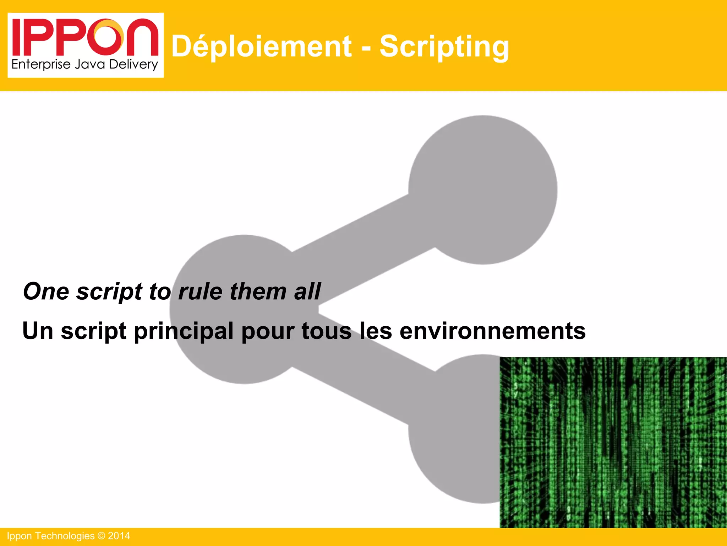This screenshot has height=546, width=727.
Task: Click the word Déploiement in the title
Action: [261, 47]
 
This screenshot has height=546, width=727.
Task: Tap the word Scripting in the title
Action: [444, 47]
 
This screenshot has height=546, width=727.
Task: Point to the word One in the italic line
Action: [46, 291]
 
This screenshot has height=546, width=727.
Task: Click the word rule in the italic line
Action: [200, 291]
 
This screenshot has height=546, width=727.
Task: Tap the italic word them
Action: [258, 291]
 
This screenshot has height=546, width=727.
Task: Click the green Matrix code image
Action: [613, 442]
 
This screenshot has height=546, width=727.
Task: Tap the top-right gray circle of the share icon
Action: [483, 189]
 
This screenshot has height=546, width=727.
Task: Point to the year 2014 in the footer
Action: [119, 536]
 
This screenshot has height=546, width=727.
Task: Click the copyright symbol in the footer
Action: [101, 536]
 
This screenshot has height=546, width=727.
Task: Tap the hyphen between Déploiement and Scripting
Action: [366, 48]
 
